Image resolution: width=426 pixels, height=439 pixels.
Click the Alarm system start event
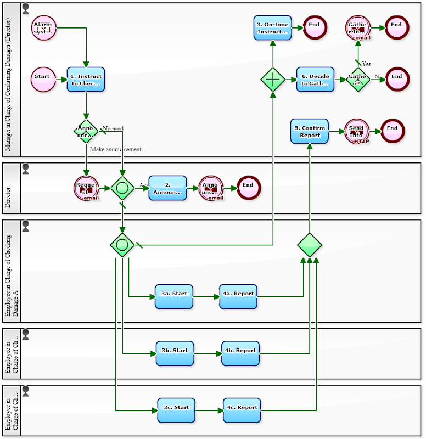coord(43,28)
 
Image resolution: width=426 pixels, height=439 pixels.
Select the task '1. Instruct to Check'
coord(86,80)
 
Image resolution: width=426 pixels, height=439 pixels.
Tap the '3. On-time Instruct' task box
coord(272,28)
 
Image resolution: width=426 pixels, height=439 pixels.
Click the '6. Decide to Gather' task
coord(315,80)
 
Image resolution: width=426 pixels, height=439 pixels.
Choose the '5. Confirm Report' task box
coord(310,131)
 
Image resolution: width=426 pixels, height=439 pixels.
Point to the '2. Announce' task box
coord(167,188)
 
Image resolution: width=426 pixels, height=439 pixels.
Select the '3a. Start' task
coord(174,297)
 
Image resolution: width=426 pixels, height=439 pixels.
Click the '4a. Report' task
coord(238,297)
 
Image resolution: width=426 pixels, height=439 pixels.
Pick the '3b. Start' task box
coord(175,353)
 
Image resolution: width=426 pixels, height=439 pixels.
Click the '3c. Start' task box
coord(176,410)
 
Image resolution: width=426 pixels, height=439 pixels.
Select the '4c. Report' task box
coord(242,410)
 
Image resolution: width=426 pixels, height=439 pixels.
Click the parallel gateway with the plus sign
coord(273,80)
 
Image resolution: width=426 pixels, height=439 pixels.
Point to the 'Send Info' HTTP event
coord(357,132)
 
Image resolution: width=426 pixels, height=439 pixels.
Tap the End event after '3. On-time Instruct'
coord(315,28)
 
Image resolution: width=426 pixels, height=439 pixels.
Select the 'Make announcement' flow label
coord(116,149)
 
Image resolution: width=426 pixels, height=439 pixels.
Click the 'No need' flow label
coord(113,128)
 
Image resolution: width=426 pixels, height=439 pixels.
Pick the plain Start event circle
coord(43,80)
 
